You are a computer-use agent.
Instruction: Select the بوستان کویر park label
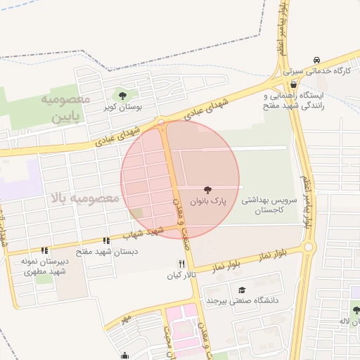(x=123, y=108)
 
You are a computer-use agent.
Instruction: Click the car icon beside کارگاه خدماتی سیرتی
(x=318, y=60)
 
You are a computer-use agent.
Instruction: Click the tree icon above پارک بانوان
(x=207, y=189)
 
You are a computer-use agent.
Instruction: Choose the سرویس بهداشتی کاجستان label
(x=271, y=205)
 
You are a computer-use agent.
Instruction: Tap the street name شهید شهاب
(x=142, y=233)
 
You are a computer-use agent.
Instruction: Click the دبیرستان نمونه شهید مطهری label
(x=44, y=265)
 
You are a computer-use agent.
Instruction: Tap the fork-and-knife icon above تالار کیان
(x=181, y=263)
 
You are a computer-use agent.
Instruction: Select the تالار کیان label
(x=181, y=274)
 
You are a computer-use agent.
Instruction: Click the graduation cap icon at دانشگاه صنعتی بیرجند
(x=242, y=290)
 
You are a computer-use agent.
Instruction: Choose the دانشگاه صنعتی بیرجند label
(x=250, y=301)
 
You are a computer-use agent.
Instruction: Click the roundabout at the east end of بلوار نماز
(x=308, y=247)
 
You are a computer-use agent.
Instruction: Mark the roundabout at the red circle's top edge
(x=162, y=122)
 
